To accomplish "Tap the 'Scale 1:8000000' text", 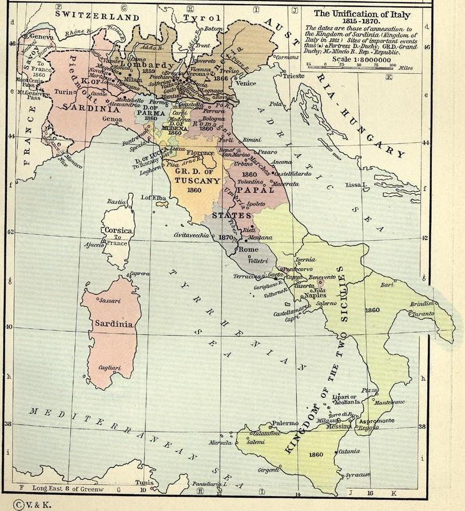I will click(x=359, y=59).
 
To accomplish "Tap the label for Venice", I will click(x=245, y=83).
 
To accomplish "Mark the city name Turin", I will click(x=62, y=91).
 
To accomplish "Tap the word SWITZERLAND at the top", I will click(x=98, y=17).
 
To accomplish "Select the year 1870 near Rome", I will click(x=225, y=237).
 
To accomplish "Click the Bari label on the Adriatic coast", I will click(x=387, y=284).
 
